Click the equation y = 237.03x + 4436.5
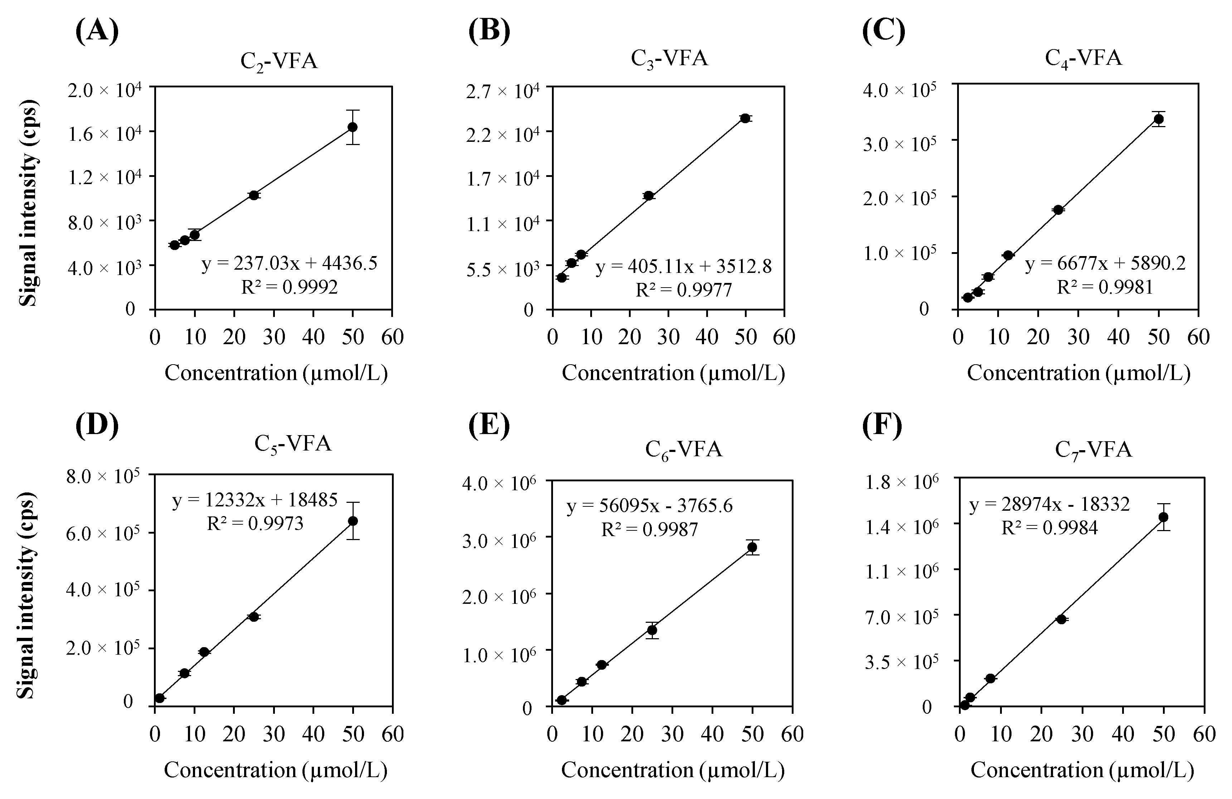pyautogui.click(x=289, y=264)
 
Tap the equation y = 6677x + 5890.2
pyautogui.click(x=1106, y=264)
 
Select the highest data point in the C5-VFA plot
pyautogui.click(x=353, y=521)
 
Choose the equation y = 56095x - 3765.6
pyautogui.click(x=650, y=506)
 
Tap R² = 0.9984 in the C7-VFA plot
pyautogui.click(x=1050, y=528)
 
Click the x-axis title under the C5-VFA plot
pyautogui.click(x=275, y=770)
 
